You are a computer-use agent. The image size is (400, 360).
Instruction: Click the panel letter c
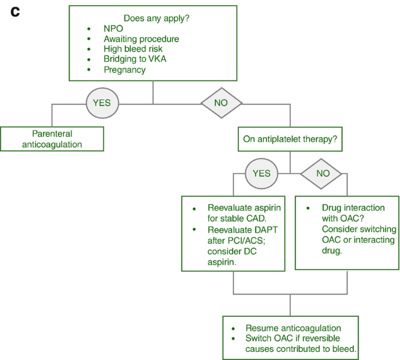(x=15, y=11)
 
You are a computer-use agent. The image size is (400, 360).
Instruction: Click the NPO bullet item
(x=114, y=28)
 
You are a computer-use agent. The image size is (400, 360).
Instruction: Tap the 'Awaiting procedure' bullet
(x=141, y=39)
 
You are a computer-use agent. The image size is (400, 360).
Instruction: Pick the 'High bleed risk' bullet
(x=134, y=49)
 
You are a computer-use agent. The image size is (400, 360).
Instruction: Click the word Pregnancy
(x=124, y=70)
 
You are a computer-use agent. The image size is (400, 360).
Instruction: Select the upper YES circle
(x=102, y=103)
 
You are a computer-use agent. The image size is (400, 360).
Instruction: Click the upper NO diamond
(x=221, y=103)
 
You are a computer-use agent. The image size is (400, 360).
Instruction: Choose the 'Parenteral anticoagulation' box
(x=52, y=139)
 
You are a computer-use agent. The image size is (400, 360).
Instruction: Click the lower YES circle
(x=262, y=173)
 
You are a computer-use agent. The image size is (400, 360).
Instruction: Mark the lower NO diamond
(x=322, y=173)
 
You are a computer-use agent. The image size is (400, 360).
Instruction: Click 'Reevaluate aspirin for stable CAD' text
(x=240, y=213)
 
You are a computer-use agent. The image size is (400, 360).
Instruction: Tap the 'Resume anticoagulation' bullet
(x=293, y=328)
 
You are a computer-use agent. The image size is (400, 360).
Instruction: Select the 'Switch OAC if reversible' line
(x=293, y=338)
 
